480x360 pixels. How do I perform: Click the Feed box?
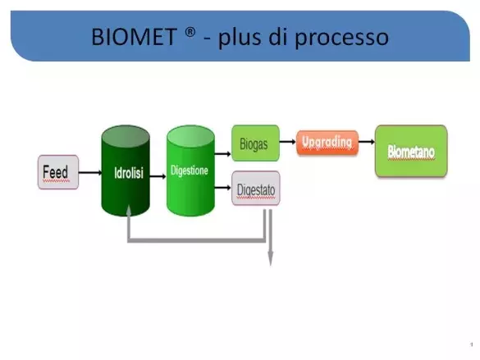(x=58, y=172)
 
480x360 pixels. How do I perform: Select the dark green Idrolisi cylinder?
(x=126, y=171)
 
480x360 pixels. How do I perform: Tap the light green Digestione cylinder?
(x=190, y=171)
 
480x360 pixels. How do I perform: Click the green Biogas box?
(x=256, y=144)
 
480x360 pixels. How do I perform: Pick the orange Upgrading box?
(x=327, y=143)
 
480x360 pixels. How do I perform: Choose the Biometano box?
(x=411, y=151)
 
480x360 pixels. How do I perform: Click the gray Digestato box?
(x=256, y=188)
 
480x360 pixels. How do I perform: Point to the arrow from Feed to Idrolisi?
(x=90, y=173)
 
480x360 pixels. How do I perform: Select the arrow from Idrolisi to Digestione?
(x=158, y=176)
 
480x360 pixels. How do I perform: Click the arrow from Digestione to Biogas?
(x=223, y=154)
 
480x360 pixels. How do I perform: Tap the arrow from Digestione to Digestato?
(x=223, y=187)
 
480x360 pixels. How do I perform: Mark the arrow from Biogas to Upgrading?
(x=288, y=142)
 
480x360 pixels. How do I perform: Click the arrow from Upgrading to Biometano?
(x=367, y=142)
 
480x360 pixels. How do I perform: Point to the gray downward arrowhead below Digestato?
(x=271, y=258)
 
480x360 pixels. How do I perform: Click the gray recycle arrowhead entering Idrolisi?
(x=129, y=211)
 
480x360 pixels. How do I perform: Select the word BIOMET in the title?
(x=134, y=37)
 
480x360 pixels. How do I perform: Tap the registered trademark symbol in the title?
(x=190, y=32)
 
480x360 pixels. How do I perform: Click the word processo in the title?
(x=341, y=38)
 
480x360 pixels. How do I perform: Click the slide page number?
(x=472, y=344)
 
